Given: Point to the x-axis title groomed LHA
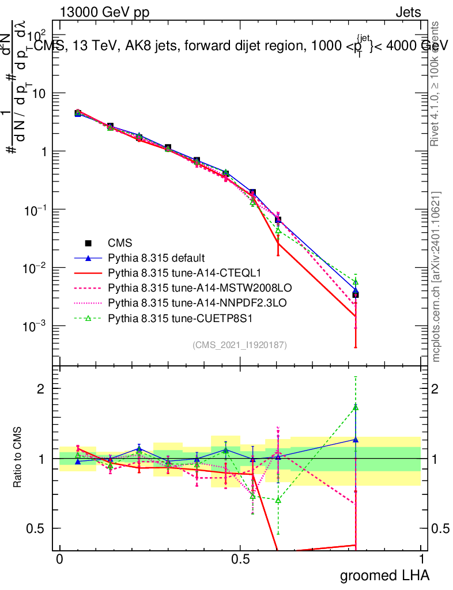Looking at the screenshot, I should coord(384,574).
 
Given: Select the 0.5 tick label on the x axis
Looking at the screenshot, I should coord(240,559).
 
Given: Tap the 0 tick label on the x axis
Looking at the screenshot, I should coord(59,559).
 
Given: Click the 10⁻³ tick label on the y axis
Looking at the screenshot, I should coord(36,326).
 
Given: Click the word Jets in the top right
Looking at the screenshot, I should coord(407,12).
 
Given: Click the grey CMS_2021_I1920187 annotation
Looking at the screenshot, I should coord(240,345).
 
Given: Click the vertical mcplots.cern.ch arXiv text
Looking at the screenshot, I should coord(436,277).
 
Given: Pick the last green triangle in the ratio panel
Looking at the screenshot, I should coord(356,407).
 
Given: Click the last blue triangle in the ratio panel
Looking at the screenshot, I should coord(356,440).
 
